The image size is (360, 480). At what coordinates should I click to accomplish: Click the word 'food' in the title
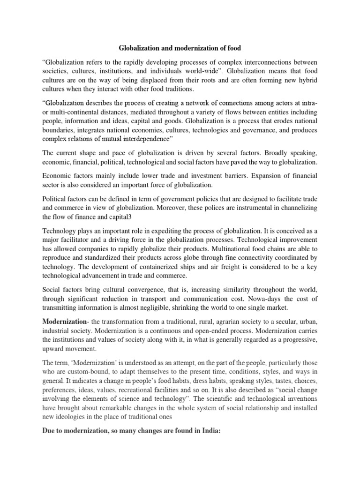coord(245,47)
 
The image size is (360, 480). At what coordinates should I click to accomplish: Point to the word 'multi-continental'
coord(71,112)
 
